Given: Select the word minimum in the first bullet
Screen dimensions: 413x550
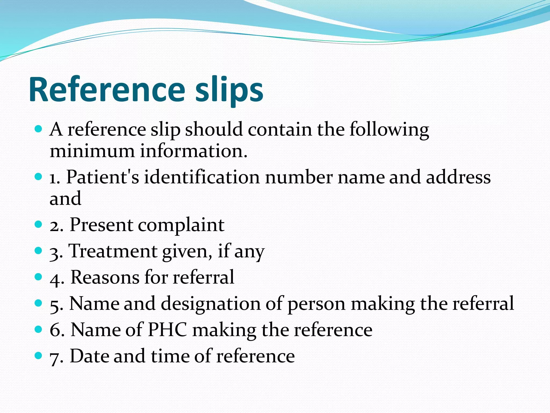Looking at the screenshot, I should [x=92, y=151].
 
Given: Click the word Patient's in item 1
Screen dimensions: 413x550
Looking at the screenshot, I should [x=103, y=177].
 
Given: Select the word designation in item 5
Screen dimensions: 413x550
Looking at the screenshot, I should [x=211, y=303].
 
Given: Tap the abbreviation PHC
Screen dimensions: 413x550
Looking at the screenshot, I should [x=167, y=330].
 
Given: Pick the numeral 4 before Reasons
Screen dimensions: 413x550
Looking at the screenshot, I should [x=56, y=278].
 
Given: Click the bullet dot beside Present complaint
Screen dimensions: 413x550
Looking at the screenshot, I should [x=39, y=224].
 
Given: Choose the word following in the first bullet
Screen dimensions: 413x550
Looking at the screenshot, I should [x=389, y=130].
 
